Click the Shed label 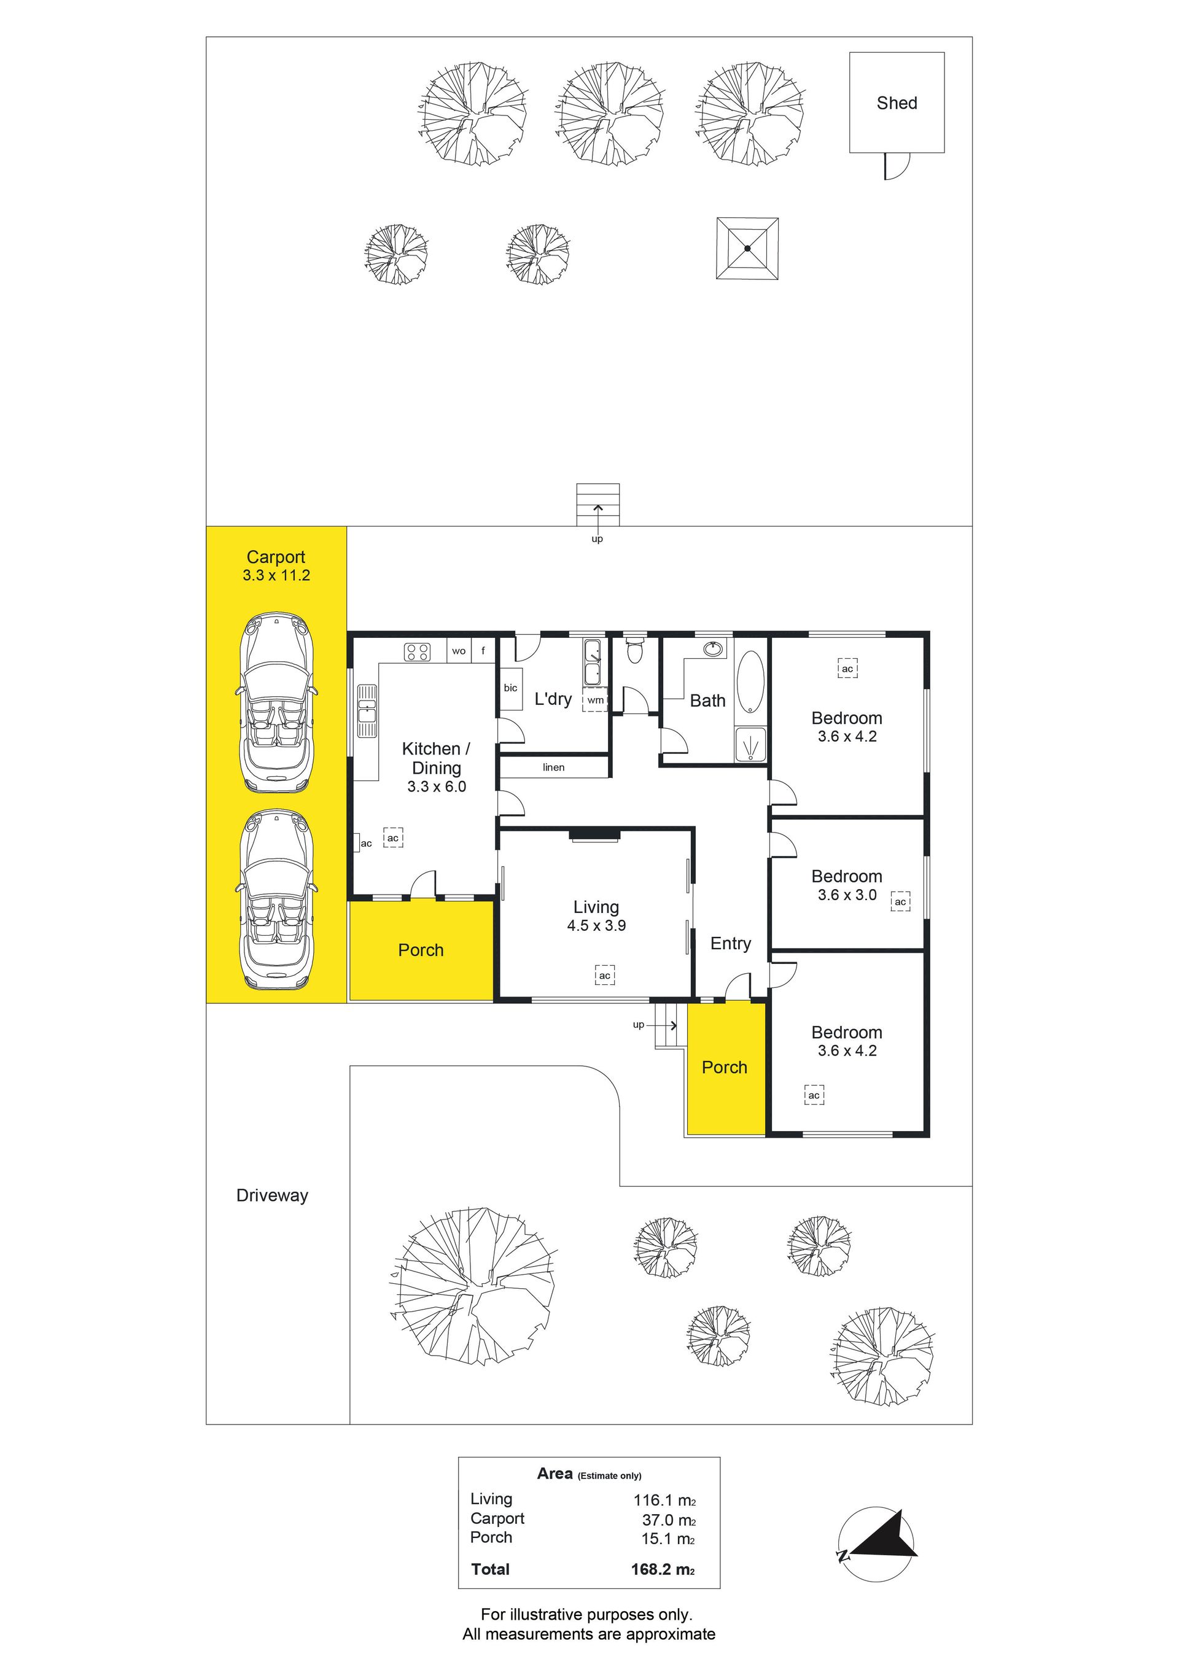(x=897, y=103)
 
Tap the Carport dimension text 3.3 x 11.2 (x=276, y=575)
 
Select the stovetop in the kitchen (x=417, y=651)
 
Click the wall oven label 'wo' (x=459, y=651)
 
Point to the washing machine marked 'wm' (x=595, y=700)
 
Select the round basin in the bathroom (x=714, y=648)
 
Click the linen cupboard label (x=554, y=767)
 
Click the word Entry (x=730, y=943)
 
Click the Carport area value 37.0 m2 (x=669, y=1520)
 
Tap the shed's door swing (x=897, y=166)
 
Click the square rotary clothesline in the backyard (x=747, y=248)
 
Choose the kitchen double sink (x=367, y=711)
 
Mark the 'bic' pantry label (x=510, y=688)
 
